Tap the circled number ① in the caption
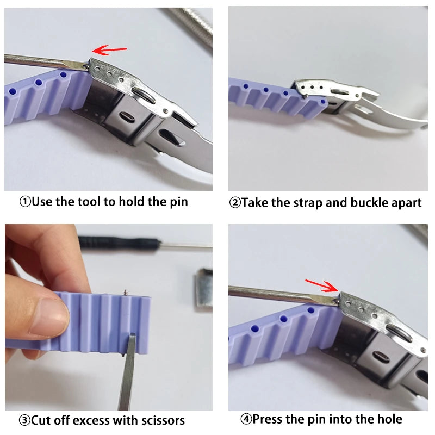tap(25, 202)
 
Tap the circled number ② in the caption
tap(235, 203)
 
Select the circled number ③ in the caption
tap(25, 420)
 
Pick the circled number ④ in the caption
tap(246, 419)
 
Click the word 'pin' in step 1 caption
tap(177, 202)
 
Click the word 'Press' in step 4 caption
tap(268, 419)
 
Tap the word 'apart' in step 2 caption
tap(407, 203)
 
